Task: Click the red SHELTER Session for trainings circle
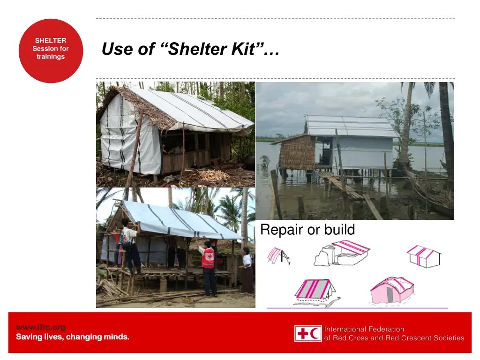coord(51,51)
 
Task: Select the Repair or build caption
coord(307,230)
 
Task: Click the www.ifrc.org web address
coord(41,327)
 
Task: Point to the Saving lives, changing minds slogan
coord(73,337)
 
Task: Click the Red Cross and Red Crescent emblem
coord(308,333)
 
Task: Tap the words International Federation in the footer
coord(364,329)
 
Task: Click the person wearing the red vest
coord(208,267)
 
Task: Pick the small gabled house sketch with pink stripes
coord(424,256)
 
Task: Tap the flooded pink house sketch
coord(392,290)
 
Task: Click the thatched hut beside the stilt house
coord(298,152)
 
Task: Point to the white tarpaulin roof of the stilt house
coord(349,126)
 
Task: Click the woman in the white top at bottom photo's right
coord(247,272)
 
